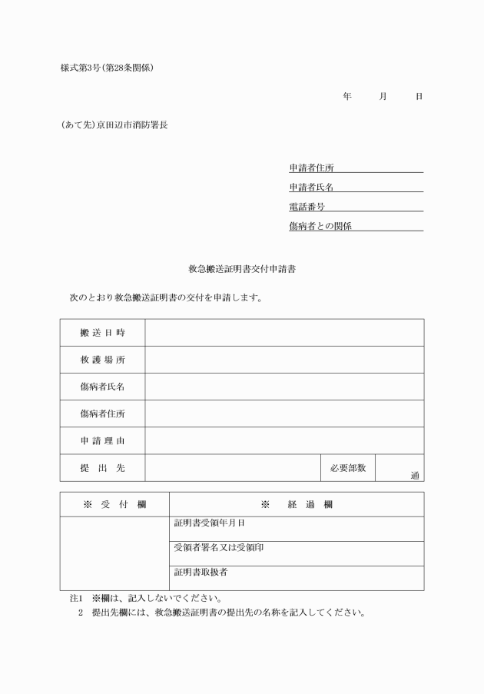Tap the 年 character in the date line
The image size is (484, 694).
click(347, 96)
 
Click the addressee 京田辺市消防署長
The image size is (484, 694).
click(131, 125)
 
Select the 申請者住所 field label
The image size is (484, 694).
click(311, 168)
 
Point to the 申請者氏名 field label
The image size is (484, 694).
click(311, 187)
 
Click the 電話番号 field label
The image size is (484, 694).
click(307, 206)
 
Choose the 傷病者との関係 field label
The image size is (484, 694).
click(320, 226)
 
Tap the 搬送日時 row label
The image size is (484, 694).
click(102, 333)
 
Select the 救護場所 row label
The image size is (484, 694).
click(102, 360)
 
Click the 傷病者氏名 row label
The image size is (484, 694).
click(102, 387)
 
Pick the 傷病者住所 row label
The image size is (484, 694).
click(102, 413)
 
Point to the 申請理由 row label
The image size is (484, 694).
click(102, 440)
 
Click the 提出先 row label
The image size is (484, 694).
click(102, 467)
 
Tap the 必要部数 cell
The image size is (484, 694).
click(348, 467)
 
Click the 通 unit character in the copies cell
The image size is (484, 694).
click(415, 476)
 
